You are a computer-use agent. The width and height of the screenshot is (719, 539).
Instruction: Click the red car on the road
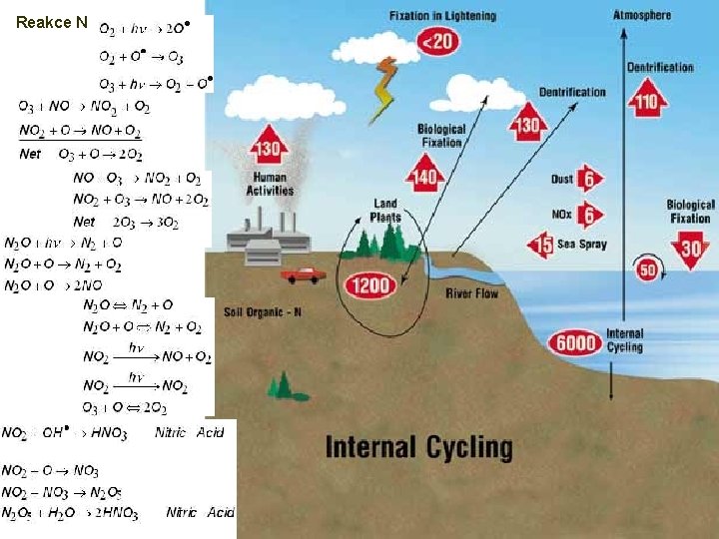303,273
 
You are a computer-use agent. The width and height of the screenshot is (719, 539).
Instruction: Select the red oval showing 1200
370,286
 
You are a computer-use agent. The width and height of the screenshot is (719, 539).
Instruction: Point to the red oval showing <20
436,42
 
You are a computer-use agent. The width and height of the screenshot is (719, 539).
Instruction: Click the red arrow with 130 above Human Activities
267,148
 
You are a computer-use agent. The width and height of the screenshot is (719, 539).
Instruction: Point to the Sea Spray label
582,245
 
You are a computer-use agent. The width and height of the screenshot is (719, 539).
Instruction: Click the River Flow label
472,293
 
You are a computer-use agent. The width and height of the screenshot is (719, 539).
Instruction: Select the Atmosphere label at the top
642,15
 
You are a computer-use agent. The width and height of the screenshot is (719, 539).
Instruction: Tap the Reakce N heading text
52,22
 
